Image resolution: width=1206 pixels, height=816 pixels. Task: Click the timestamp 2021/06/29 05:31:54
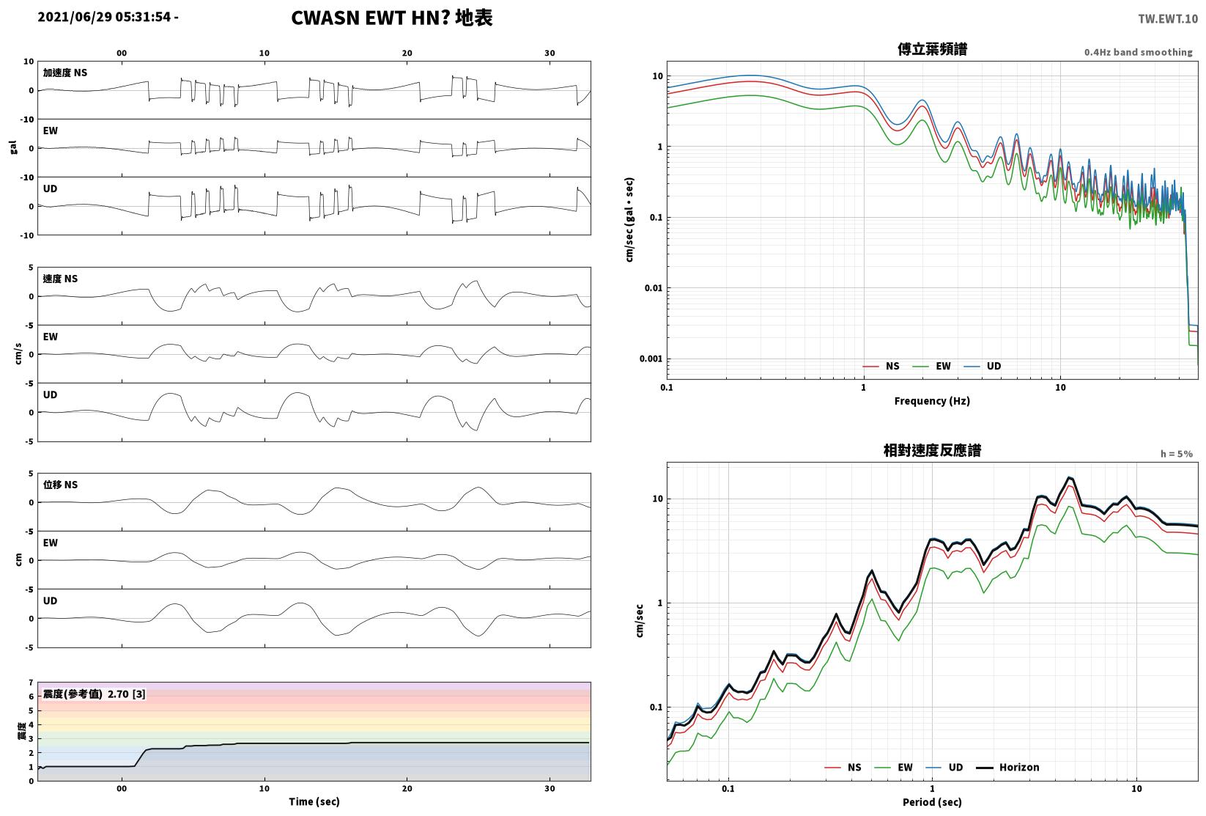tap(105, 17)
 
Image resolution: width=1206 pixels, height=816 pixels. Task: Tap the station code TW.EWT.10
tap(1168, 19)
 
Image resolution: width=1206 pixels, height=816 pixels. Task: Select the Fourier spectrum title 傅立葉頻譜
tap(932, 49)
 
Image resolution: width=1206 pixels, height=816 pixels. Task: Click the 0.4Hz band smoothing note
tap(1138, 52)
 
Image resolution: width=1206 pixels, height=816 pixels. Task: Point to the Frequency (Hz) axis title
tap(932, 401)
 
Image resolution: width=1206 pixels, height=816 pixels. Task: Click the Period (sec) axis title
tap(932, 802)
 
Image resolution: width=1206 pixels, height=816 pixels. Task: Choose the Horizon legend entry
tap(1008, 768)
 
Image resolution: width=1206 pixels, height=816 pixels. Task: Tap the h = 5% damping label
tap(1177, 454)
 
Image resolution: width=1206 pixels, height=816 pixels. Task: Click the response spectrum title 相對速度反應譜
tap(932, 450)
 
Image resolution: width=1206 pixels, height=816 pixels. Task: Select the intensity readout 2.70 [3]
tap(127, 694)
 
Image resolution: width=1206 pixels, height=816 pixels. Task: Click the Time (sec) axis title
tap(314, 801)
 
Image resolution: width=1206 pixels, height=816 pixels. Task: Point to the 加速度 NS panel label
tap(65, 73)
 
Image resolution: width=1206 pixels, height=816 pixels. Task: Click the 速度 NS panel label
tap(60, 279)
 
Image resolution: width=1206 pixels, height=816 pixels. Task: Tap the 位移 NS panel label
tap(60, 485)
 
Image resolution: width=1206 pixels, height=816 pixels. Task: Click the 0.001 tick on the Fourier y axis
tap(651, 359)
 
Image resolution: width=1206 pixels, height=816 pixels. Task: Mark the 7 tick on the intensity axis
tap(32, 683)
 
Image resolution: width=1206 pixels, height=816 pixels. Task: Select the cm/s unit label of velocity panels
tap(18, 353)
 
